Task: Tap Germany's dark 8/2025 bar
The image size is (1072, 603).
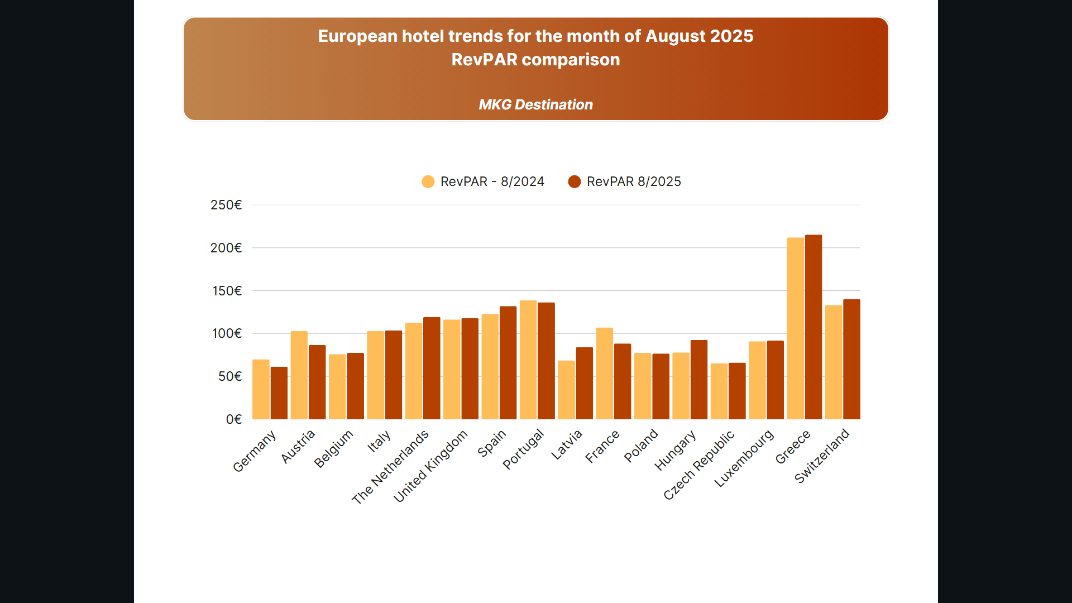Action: tap(279, 393)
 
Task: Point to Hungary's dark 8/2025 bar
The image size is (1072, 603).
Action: tap(699, 380)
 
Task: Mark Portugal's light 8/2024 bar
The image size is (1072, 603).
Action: tap(528, 360)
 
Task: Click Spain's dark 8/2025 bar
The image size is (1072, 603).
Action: tap(508, 362)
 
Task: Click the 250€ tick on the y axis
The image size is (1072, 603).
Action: tap(226, 205)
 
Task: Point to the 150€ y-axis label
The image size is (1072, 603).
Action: tap(227, 291)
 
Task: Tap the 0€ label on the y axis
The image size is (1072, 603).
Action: tap(233, 419)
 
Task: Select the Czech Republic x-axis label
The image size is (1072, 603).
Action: tap(699, 465)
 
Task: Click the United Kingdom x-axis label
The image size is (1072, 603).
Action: tap(430, 467)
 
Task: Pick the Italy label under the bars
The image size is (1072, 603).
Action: tap(379, 441)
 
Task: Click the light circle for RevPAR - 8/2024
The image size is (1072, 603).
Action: tap(428, 181)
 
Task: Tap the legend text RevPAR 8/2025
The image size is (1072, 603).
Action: tap(634, 181)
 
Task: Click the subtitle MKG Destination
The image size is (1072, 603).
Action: tap(535, 104)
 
